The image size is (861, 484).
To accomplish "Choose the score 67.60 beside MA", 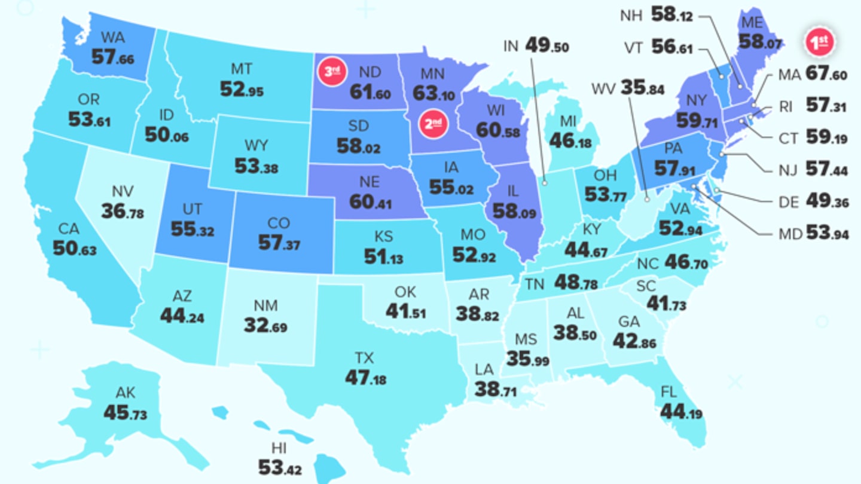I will [x=826, y=75].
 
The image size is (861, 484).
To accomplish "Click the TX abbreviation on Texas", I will [x=364, y=358].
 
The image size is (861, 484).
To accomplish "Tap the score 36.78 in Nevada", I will [x=123, y=211].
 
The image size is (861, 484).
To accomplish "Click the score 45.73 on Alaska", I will [x=125, y=413].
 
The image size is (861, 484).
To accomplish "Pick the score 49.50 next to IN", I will [x=547, y=46].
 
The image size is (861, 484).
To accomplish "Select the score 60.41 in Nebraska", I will [x=371, y=202].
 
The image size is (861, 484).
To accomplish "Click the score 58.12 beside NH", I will [x=672, y=16].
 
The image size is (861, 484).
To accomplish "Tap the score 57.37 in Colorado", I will [x=279, y=243].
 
